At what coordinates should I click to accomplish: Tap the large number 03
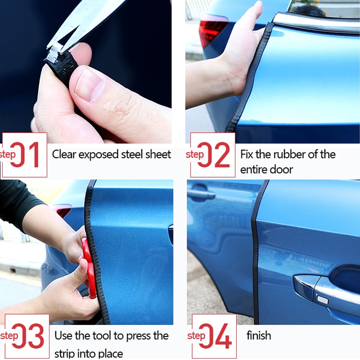point(28,336)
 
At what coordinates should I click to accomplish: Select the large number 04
point(216,336)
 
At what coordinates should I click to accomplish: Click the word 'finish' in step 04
point(259,335)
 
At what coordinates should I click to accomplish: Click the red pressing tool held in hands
point(89,268)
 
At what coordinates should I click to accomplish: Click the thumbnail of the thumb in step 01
point(89,84)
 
